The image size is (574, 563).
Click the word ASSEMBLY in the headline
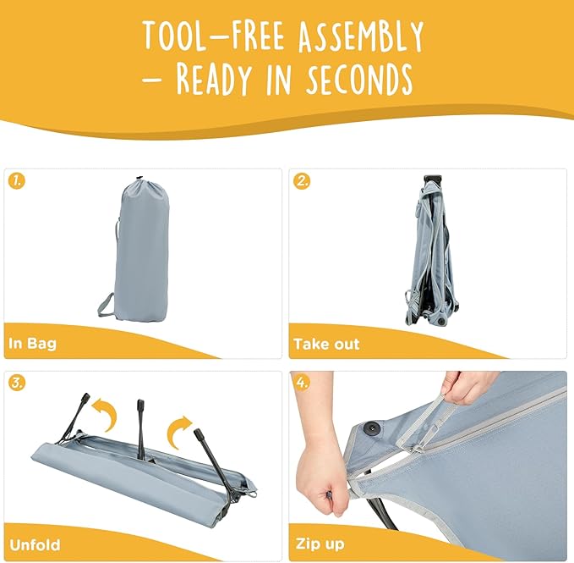361,36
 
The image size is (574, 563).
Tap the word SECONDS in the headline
359,79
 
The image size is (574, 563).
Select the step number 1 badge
17,181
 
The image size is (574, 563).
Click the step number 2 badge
301,181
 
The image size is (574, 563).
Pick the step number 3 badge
17,384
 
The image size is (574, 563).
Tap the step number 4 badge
301,384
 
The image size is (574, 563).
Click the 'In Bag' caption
33,344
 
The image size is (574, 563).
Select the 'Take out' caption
326,344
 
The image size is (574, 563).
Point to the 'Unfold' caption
35,545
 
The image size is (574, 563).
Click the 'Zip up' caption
320,544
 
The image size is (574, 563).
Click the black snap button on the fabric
373,428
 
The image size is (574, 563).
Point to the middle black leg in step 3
140,429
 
